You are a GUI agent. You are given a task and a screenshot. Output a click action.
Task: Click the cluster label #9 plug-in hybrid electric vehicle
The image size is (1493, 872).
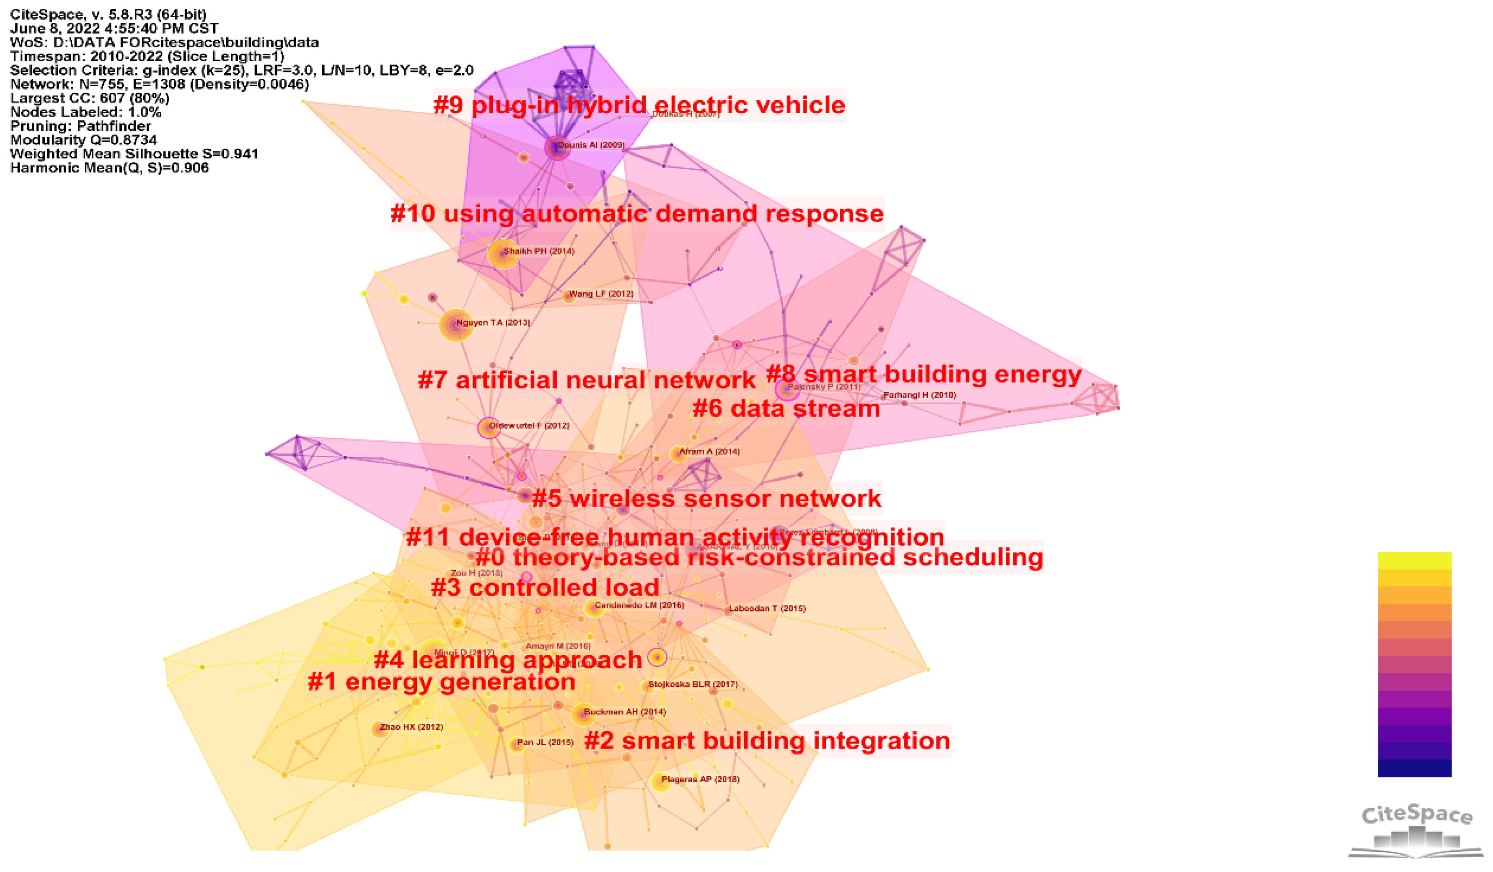(x=639, y=105)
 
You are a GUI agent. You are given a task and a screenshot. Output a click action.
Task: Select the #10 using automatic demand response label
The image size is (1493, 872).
(x=637, y=214)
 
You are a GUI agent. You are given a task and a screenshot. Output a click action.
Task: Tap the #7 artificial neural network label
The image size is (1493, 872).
(x=587, y=380)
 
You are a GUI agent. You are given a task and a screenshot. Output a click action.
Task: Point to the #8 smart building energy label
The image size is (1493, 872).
(x=924, y=374)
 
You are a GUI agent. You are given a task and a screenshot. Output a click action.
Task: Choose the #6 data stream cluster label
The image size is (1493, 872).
(x=786, y=409)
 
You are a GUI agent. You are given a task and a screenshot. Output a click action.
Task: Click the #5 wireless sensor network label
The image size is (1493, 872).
(x=706, y=499)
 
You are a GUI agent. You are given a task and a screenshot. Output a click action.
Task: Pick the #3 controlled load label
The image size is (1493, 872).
(x=545, y=588)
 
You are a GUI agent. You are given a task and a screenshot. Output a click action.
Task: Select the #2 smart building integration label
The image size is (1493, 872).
(x=767, y=741)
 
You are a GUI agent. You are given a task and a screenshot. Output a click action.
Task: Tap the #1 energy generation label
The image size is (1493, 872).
(x=442, y=682)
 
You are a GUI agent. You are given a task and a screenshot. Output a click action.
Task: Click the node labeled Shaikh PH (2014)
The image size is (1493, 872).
(x=502, y=254)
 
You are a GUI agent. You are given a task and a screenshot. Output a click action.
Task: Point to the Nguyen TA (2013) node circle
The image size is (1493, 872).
(x=456, y=325)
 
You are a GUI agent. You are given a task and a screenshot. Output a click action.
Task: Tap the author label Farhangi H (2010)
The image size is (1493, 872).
(x=919, y=395)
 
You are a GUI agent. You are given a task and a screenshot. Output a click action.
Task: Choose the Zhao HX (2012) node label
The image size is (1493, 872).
(x=411, y=728)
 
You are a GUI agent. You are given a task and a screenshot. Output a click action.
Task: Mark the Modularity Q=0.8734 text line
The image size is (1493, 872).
(x=83, y=140)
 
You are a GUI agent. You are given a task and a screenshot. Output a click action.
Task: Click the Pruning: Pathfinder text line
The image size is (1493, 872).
(x=81, y=126)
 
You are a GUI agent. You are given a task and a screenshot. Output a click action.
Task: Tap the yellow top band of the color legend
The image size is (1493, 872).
(x=1415, y=560)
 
